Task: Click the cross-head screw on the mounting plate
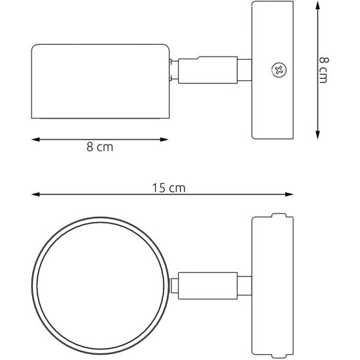point(278,70)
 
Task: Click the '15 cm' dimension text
point(169,187)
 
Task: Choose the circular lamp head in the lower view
point(101,284)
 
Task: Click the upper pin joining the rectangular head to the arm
point(172,62)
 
